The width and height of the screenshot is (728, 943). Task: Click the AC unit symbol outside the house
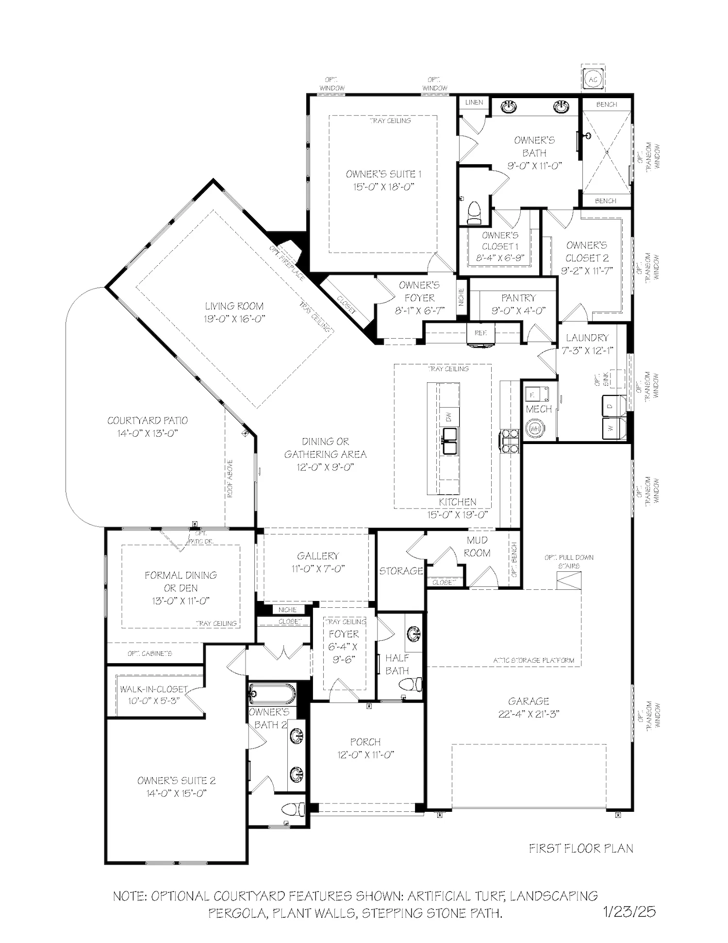tap(593, 79)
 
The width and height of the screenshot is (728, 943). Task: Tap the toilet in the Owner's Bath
tap(474, 213)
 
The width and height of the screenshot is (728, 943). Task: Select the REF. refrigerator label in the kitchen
tap(480, 333)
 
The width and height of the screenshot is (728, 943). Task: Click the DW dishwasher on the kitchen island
tap(449, 416)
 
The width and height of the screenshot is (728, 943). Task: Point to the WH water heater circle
tap(535, 429)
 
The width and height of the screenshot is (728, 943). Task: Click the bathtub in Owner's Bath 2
tap(272, 694)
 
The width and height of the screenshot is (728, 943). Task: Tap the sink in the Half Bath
tap(414, 634)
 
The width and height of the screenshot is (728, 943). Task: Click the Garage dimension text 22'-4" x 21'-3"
tap(529, 714)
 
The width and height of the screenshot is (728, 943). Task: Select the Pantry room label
tap(518, 297)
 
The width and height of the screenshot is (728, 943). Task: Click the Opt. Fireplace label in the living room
tap(287, 262)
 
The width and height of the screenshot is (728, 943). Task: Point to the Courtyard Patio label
tap(148, 421)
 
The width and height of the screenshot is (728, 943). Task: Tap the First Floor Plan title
tap(581, 848)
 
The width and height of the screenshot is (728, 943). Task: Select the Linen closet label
tap(474, 102)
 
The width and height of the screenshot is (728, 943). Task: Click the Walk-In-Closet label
tap(154, 689)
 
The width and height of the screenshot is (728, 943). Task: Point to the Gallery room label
tap(318, 556)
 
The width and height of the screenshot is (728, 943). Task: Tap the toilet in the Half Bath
tap(411, 685)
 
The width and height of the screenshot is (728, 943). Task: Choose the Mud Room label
tap(478, 547)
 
